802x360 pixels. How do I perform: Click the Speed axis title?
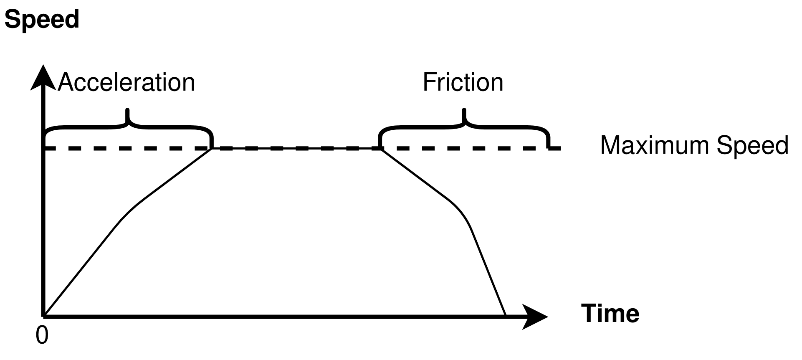pyautogui.click(x=42, y=20)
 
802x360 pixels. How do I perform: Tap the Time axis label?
pyautogui.click(x=610, y=313)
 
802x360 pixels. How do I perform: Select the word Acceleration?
pyautogui.click(x=126, y=82)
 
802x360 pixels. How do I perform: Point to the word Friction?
pyautogui.click(x=463, y=82)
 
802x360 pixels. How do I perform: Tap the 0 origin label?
pyautogui.click(x=42, y=335)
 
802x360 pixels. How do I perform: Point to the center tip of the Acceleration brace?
pyautogui.click(x=128, y=110)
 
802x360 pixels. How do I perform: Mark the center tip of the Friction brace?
pyautogui.click(x=464, y=110)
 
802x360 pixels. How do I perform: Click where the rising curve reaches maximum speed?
pyautogui.click(x=212, y=149)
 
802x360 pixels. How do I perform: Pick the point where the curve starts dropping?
pyautogui.click(x=380, y=149)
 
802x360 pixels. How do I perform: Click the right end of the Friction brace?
pyautogui.click(x=548, y=146)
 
